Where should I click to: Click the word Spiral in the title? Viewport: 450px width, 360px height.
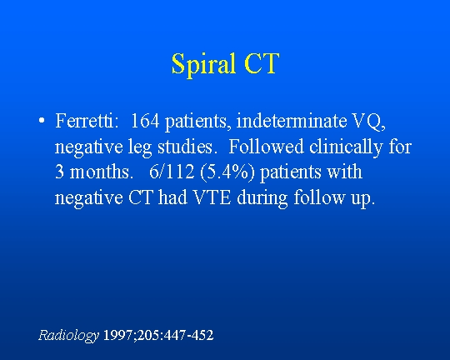tap(203, 65)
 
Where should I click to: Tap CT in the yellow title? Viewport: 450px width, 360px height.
tap(262, 63)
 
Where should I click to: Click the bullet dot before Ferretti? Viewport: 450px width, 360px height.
tap(42, 121)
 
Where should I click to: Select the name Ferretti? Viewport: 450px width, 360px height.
tap(87, 121)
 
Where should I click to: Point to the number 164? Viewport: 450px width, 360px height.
tap(145, 121)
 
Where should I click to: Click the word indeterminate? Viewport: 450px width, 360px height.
tap(292, 121)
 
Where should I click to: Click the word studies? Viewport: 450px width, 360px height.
tap(185, 147)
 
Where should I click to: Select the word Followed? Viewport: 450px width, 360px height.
tap(266, 147)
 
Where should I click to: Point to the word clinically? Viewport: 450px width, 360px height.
tap(346, 147)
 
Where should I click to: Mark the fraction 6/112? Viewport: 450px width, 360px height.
tap(172, 172)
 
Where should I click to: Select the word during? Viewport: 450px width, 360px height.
tap(262, 199)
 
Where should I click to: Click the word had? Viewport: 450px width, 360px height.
tap(172, 197)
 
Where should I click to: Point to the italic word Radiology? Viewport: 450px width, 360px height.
tap(68, 336)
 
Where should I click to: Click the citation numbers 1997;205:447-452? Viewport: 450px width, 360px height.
tap(158, 335)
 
